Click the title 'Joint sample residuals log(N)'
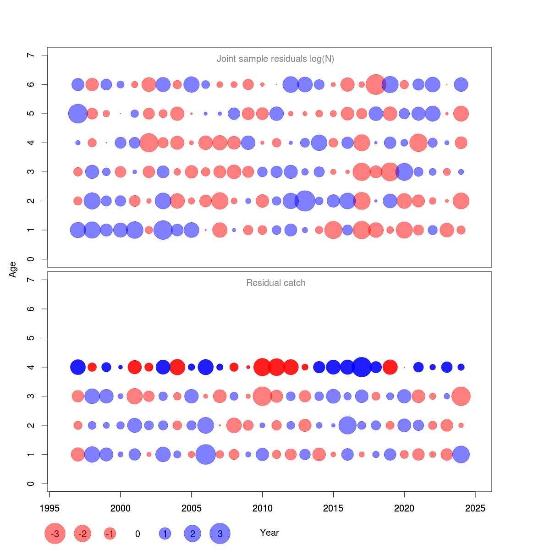(275, 59)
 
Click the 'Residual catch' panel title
(275, 283)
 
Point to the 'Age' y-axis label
(13, 269)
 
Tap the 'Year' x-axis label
(269, 533)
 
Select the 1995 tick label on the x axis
(49, 508)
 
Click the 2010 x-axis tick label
(262, 508)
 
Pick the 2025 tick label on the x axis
(475, 508)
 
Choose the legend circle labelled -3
(55, 533)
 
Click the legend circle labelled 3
(220, 533)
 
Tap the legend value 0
(137, 534)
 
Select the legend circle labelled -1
(110, 533)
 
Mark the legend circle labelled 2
(192, 533)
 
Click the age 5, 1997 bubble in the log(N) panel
(78, 114)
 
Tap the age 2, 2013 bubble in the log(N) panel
(305, 201)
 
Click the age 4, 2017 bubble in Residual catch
(362, 367)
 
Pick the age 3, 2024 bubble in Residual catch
(461, 396)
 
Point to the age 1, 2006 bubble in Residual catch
(206, 455)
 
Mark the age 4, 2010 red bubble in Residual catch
(262, 367)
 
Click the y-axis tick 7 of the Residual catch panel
(31, 280)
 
